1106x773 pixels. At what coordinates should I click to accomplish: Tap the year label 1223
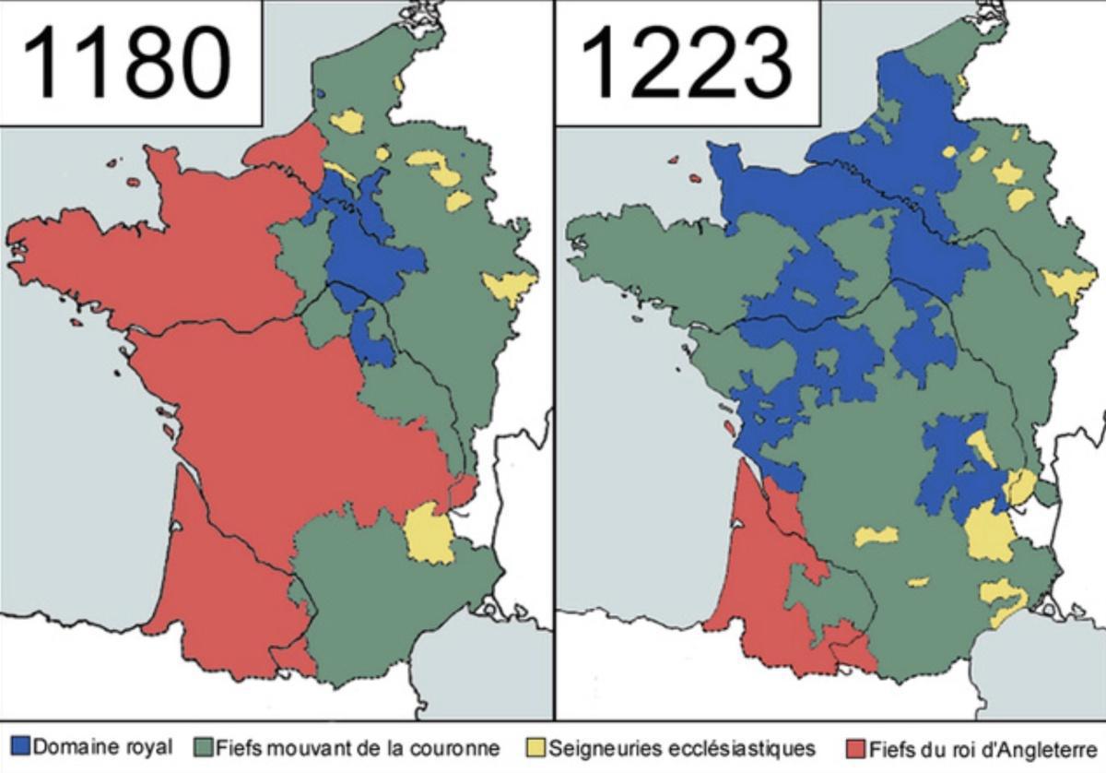click(x=687, y=62)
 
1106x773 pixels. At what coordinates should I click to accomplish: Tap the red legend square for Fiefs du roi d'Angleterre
click(x=855, y=746)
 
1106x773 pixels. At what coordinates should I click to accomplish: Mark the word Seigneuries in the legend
click(x=594, y=747)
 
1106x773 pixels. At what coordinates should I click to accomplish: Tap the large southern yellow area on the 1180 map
click(x=428, y=534)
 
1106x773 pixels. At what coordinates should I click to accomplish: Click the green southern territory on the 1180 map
click(x=387, y=600)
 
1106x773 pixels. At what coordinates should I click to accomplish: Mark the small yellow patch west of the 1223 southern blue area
click(x=875, y=536)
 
